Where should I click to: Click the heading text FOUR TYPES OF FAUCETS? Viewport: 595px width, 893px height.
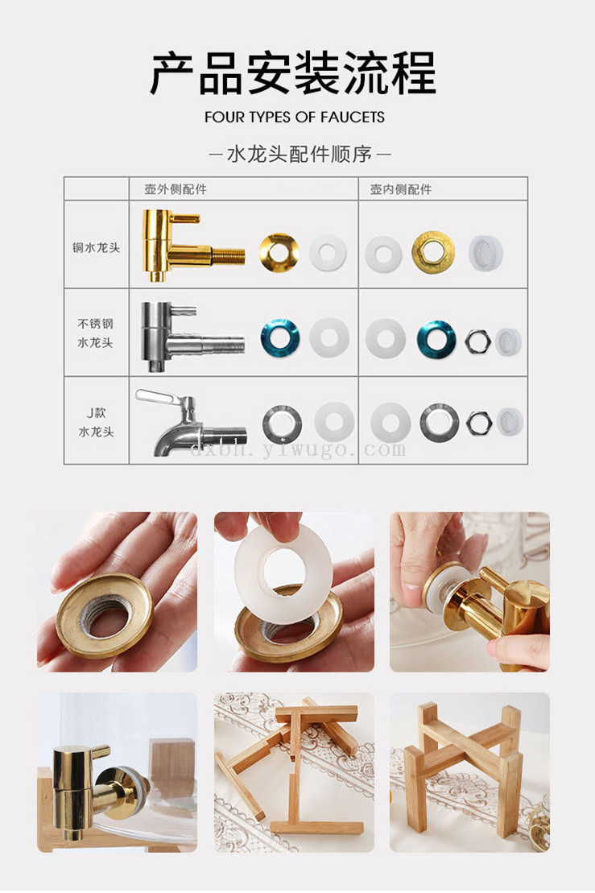click(x=295, y=118)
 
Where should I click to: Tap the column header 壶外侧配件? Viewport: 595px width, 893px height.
click(x=176, y=189)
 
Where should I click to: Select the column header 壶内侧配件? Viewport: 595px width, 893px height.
click(x=401, y=189)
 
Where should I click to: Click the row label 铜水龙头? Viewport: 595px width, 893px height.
click(x=97, y=248)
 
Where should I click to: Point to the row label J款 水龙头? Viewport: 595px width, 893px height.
click(x=97, y=422)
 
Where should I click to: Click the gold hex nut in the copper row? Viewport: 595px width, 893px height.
click(x=433, y=252)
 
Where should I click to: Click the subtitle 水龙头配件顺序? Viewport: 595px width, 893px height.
click(x=300, y=154)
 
